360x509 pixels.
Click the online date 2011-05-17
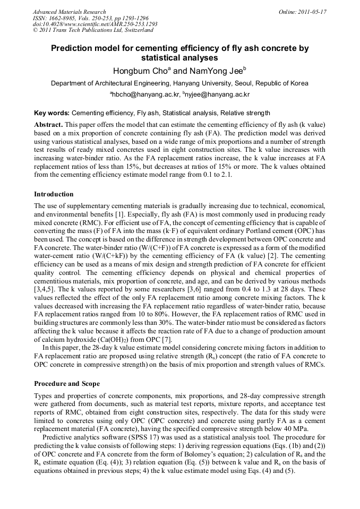302,11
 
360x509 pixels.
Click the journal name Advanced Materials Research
69,11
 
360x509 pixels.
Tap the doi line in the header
95,24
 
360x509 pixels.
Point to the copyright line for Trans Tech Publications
93,30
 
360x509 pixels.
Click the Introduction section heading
54,194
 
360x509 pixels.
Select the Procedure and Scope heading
68,383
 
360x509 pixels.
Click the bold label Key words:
52,113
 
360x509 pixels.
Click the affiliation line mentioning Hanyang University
179,83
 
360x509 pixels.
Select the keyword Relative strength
245,113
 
